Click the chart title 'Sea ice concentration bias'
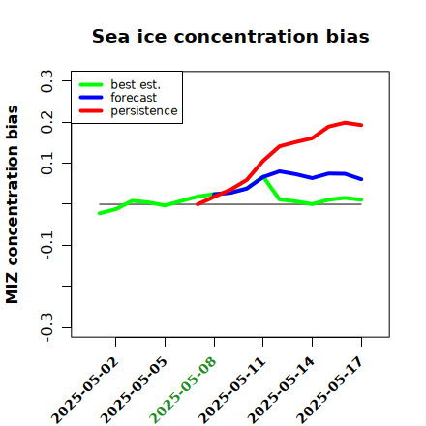(230, 36)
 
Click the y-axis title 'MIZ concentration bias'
(13, 204)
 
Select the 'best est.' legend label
(136, 84)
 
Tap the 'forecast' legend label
(134, 98)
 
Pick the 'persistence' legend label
(144, 111)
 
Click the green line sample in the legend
(91, 84)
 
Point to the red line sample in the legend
(91, 111)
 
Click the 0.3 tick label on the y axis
(46, 81)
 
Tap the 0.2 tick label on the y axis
(46, 122)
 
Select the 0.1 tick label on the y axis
(46, 164)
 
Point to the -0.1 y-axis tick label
(46, 246)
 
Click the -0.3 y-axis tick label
(46, 327)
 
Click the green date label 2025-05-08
(183, 389)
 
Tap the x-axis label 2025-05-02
(84, 390)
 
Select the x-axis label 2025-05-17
(330, 390)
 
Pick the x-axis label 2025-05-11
(231, 390)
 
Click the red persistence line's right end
(361, 125)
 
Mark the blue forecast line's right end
(361, 179)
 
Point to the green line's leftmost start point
(100, 213)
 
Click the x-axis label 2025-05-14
(281, 390)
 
